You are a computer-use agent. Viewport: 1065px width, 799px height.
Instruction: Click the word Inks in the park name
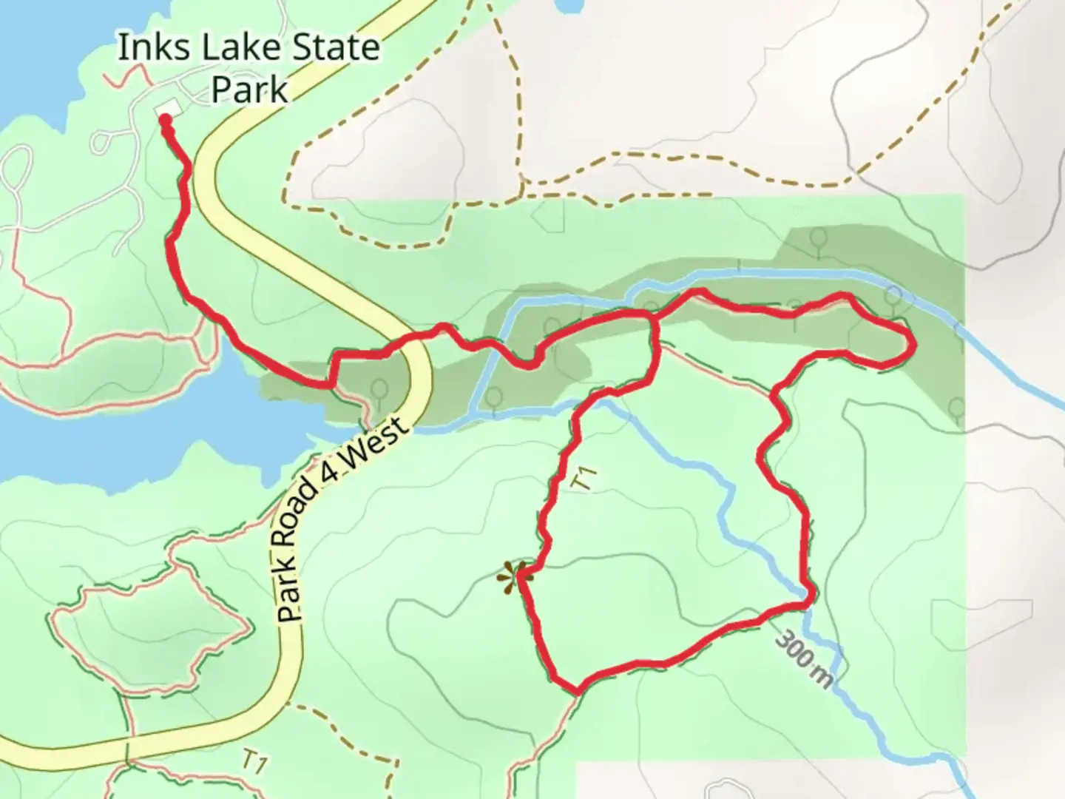(x=146, y=49)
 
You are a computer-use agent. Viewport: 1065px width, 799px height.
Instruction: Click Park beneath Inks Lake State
(x=249, y=89)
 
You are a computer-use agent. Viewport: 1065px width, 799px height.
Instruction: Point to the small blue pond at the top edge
(x=568, y=6)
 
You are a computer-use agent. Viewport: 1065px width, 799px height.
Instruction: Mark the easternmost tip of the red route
(x=914, y=343)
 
